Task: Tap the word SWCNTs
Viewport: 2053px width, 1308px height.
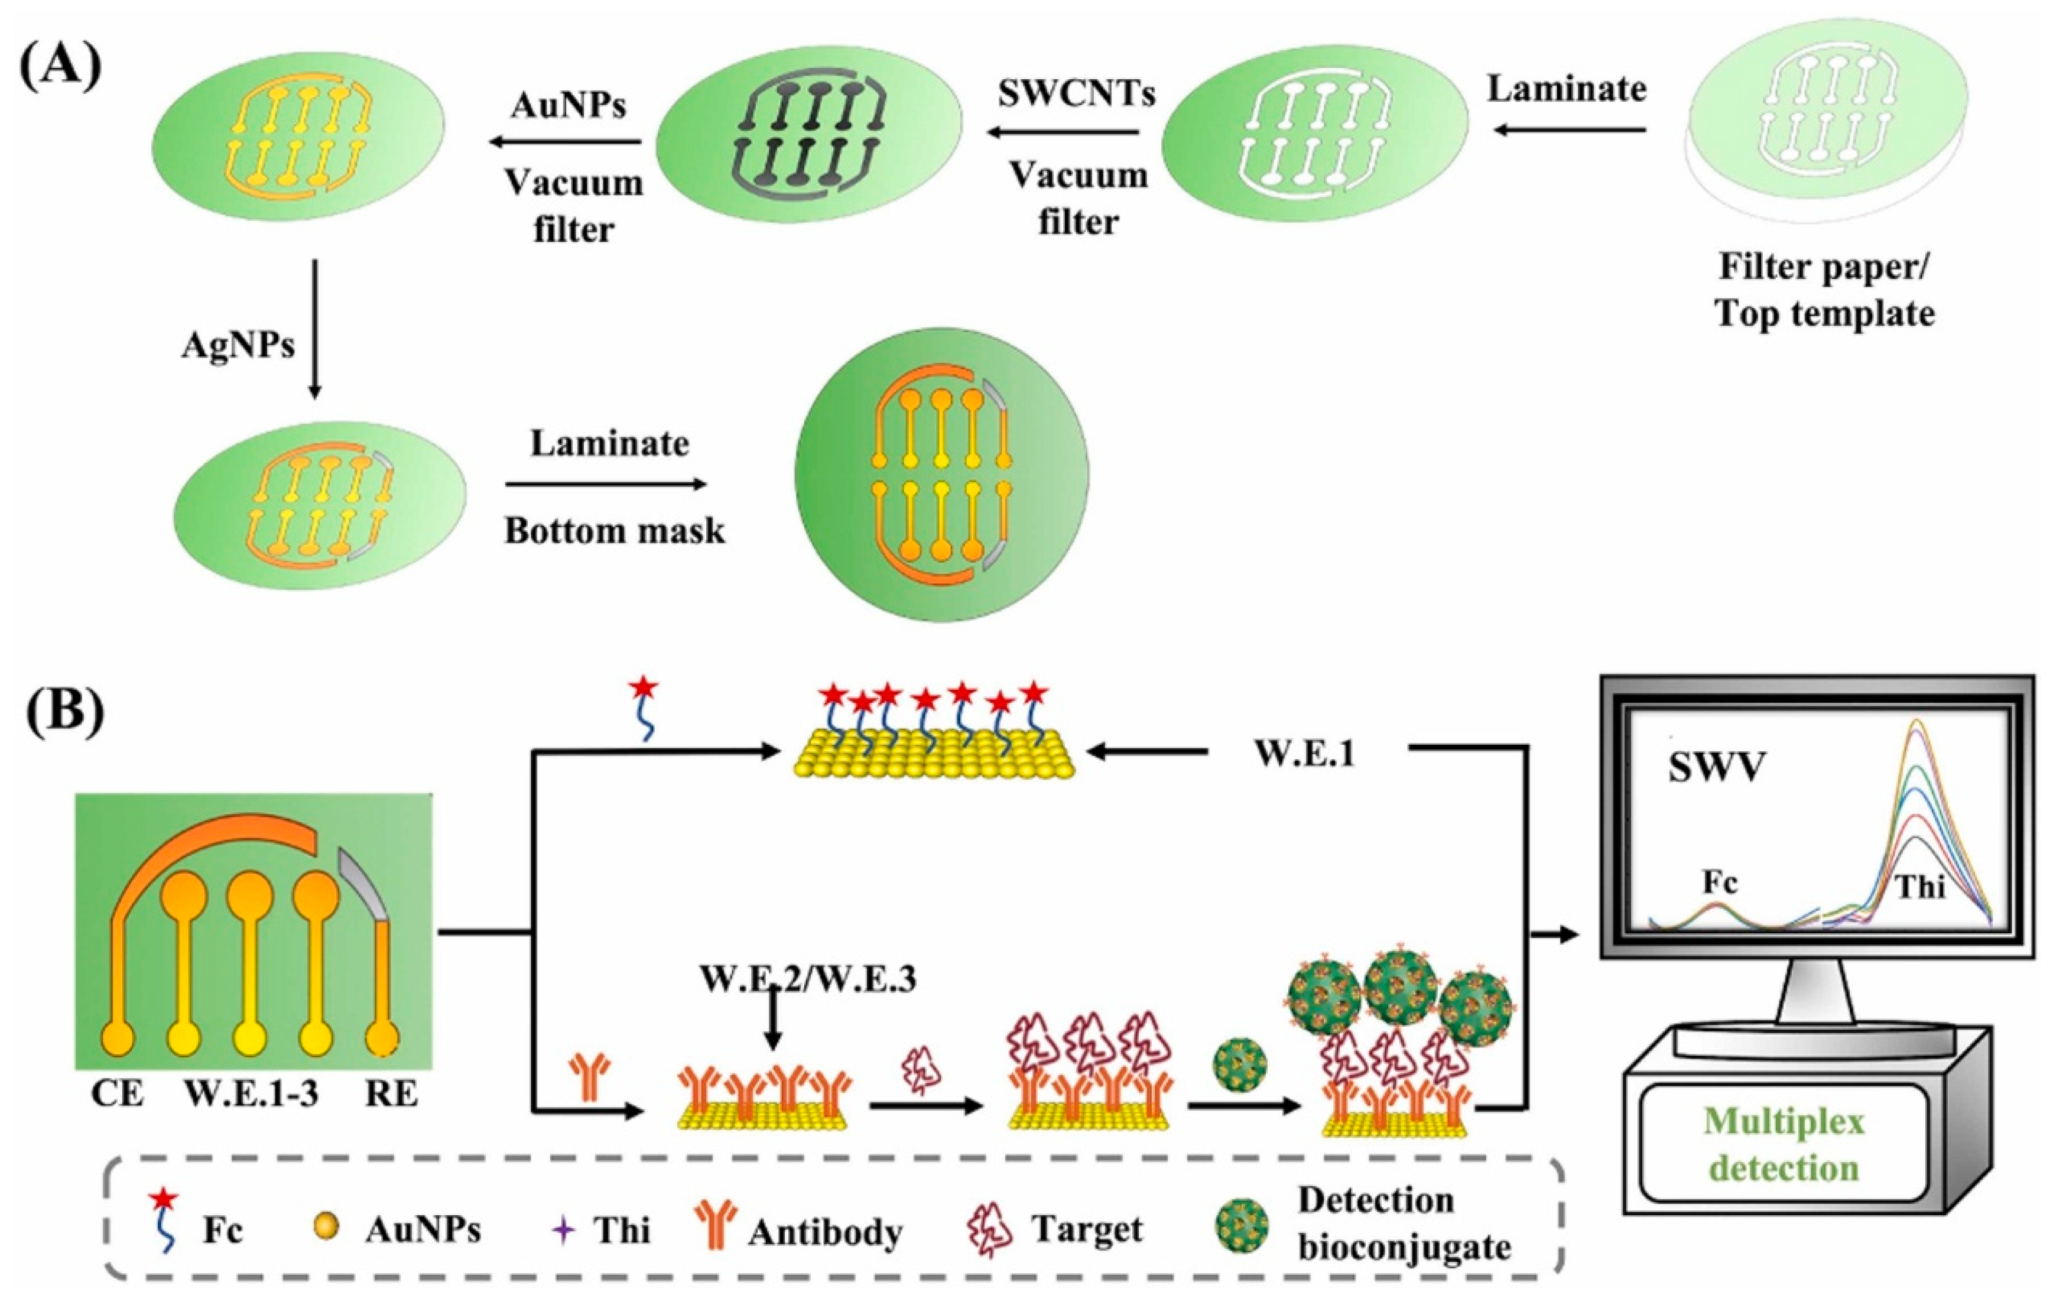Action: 1077,93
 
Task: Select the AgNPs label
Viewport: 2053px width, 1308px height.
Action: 239,345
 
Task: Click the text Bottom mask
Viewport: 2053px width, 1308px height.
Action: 614,531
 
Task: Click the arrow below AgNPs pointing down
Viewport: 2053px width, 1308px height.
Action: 314,328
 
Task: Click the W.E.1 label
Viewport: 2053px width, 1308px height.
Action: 1304,754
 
